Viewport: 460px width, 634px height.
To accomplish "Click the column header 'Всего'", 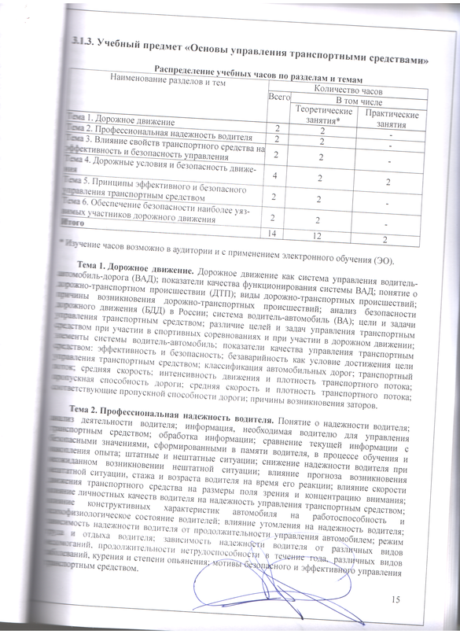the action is pyautogui.click(x=277, y=98).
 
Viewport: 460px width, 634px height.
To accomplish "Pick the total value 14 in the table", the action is pyautogui.click(x=274, y=234).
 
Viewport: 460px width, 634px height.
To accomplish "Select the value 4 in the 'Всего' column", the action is pyautogui.click(x=274, y=175).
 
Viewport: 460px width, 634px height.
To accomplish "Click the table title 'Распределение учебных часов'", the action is pyautogui.click(x=259, y=71).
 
